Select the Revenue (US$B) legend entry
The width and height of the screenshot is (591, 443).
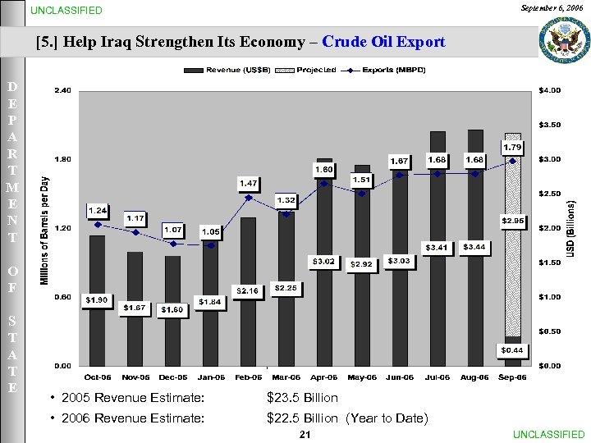234,70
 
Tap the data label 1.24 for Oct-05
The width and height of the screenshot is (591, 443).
98,210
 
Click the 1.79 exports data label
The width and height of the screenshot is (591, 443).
513,147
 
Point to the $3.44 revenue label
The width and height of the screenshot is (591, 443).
474,246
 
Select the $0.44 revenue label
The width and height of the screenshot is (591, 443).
513,350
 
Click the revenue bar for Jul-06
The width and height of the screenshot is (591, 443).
438,246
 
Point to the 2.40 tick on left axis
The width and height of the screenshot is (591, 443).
62,90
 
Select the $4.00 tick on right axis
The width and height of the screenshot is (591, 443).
549,90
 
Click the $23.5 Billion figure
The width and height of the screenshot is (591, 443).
302,398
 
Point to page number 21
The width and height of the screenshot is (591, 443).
304,434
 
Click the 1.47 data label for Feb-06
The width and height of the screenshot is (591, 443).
249,182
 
